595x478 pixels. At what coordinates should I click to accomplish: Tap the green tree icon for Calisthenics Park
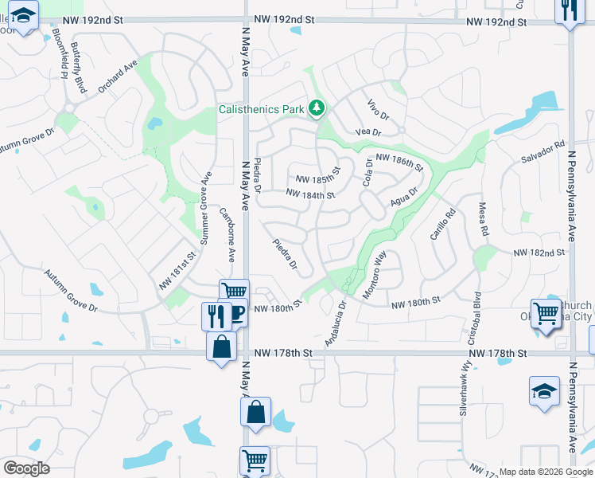point(317,108)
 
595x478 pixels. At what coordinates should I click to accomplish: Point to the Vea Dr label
point(369,131)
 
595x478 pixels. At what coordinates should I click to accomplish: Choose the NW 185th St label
point(317,175)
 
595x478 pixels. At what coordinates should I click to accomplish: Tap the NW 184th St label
point(309,194)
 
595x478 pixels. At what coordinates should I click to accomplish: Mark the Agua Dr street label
point(404,197)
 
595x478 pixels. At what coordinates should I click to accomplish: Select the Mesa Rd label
point(483,219)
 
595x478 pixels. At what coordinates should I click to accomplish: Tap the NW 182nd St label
point(539,253)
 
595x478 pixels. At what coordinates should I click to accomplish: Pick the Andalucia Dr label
point(336,322)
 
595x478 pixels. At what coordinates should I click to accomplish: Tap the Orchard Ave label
point(118,75)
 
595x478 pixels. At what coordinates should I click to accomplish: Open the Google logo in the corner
point(26,468)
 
